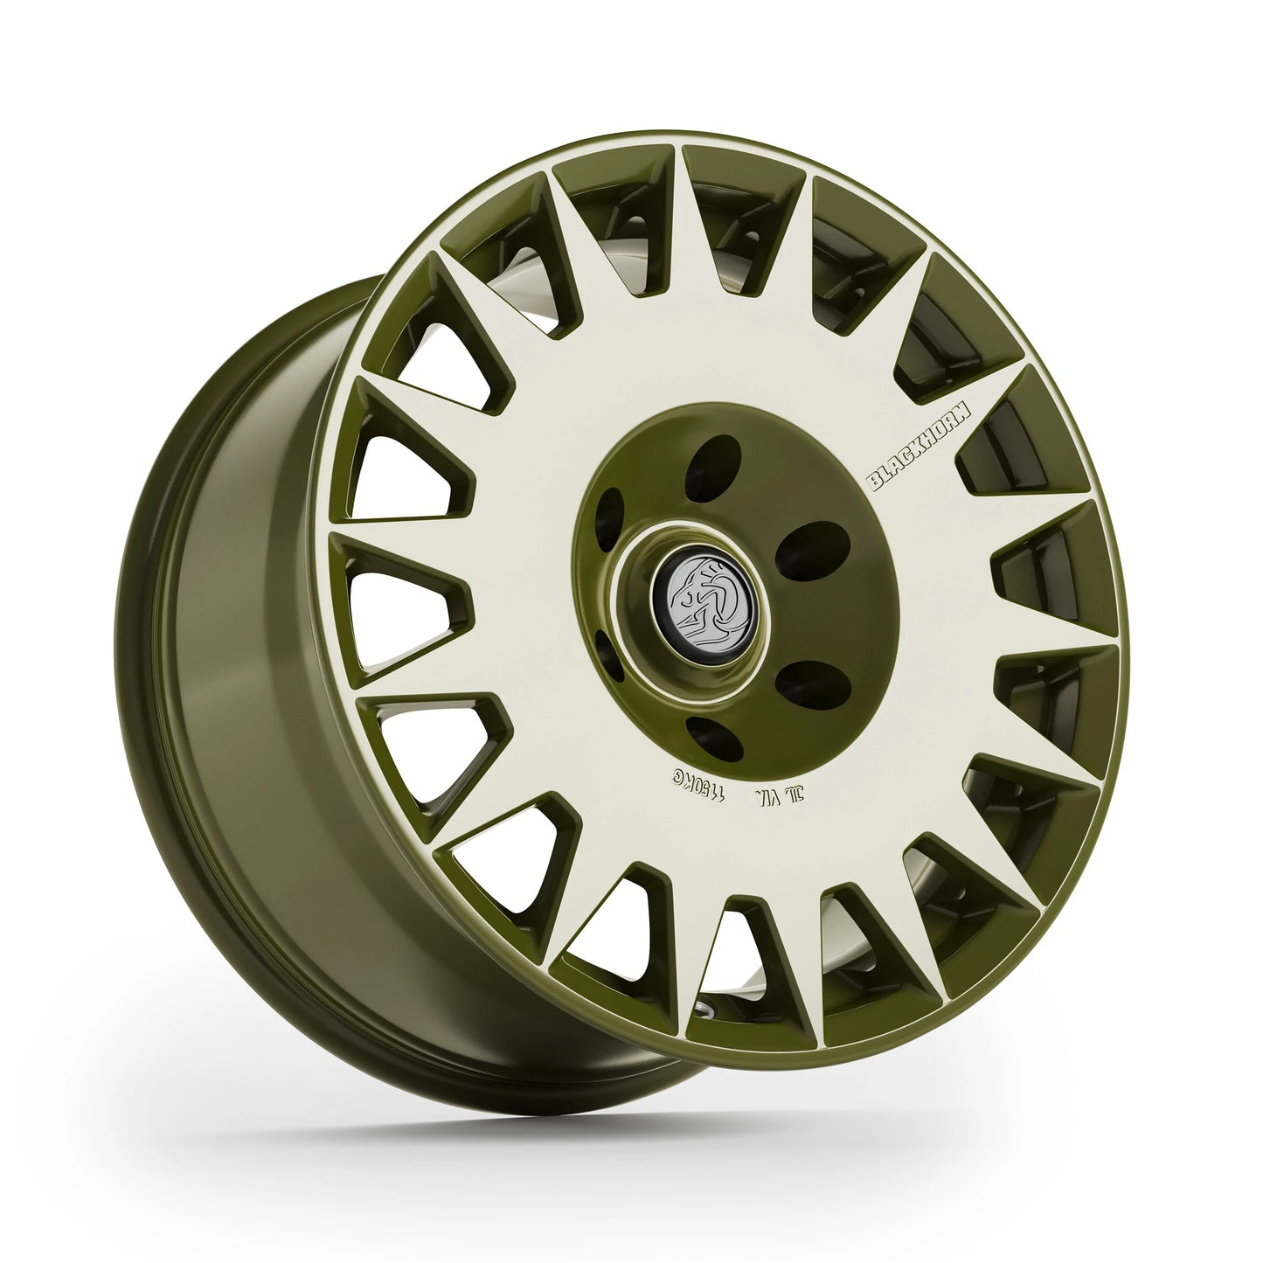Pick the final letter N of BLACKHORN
981,403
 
